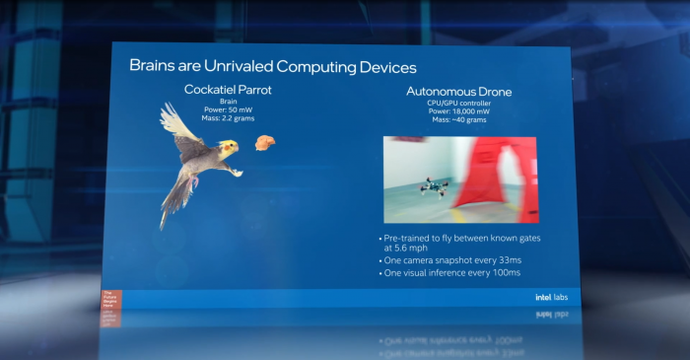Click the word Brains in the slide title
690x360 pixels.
pyautogui.click(x=153, y=67)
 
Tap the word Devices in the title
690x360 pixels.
pyautogui.click(x=379, y=67)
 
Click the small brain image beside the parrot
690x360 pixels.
pyautogui.click(x=263, y=143)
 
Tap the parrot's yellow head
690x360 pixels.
pyautogui.click(x=229, y=148)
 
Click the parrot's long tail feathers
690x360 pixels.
pyautogui.click(x=175, y=202)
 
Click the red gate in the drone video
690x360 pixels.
pyautogui.click(x=502, y=178)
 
